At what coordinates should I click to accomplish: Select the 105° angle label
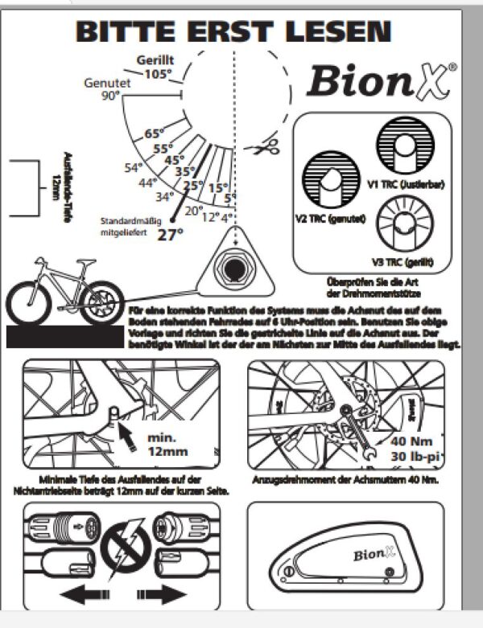coord(157,74)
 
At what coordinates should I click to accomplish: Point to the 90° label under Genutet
coord(110,96)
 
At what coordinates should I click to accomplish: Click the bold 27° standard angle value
coord(170,235)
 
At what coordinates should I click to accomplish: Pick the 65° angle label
coord(154,134)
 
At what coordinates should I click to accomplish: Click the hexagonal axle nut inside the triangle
coord(233,266)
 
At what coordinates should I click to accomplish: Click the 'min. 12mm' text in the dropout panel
coord(168,445)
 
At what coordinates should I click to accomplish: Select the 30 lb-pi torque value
coord(415,456)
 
